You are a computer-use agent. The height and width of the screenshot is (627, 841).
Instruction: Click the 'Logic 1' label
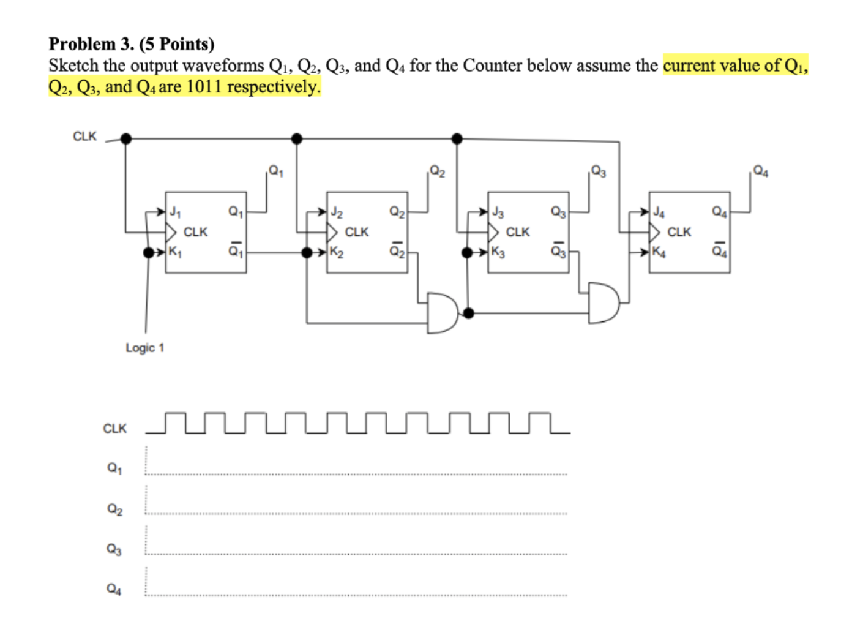pos(144,348)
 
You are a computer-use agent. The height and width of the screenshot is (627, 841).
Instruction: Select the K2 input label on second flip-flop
pos(337,252)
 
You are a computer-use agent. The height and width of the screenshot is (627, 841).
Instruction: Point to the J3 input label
pos(498,212)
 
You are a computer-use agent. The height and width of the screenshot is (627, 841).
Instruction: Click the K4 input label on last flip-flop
pos(659,252)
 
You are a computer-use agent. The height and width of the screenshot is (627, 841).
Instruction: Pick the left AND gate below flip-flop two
pos(442,313)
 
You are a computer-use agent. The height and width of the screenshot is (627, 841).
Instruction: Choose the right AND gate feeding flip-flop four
pos(603,302)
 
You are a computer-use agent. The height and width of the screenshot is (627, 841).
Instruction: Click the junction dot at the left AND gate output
pos(468,313)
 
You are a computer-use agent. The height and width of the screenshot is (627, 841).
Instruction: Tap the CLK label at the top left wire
pos(84,136)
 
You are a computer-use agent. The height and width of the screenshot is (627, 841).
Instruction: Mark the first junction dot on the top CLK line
pos(125,139)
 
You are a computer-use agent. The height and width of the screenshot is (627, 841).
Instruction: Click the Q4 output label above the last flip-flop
pos(761,171)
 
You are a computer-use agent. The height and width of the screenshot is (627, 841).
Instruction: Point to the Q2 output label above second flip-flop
pos(437,171)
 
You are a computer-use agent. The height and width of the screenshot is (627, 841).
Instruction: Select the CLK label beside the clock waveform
pos(114,428)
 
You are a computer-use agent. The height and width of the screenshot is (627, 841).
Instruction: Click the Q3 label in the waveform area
pos(114,550)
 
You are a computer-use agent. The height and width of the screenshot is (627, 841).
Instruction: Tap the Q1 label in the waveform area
pos(114,468)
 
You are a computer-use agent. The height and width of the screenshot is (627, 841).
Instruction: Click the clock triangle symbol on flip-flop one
pos(171,232)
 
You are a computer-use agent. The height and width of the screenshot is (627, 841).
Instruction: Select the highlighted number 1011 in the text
pos(204,87)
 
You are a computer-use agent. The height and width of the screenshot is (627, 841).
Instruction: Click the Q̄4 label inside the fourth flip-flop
pos(720,252)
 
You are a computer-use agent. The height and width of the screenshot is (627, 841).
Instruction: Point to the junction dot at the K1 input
pos(148,252)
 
